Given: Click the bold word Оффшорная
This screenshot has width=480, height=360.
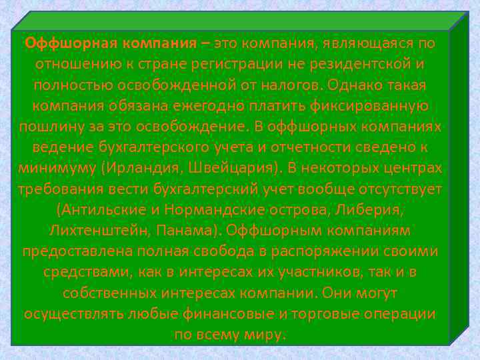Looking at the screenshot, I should [61, 44].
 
